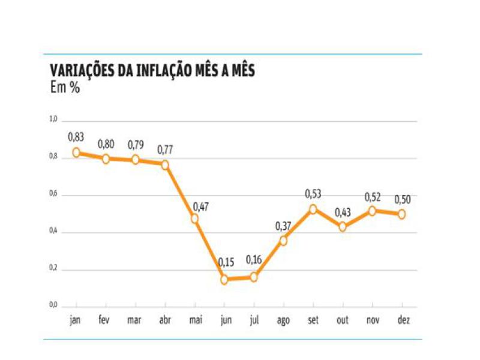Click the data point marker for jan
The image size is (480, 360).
pyautogui.click(x=76, y=152)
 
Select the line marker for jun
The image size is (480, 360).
pyautogui.click(x=224, y=280)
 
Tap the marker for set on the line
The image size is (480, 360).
pyautogui.click(x=313, y=209)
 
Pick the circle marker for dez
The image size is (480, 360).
pyautogui.click(x=401, y=214)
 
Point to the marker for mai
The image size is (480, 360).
pyautogui.click(x=194, y=218)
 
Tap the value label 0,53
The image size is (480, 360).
pyautogui.click(x=313, y=193)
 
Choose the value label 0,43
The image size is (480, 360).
pyautogui.click(x=343, y=212)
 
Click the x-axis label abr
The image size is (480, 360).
pyautogui.click(x=164, y=320)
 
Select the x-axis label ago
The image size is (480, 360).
pyautogui.click(x=283, y=321)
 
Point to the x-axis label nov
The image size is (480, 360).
pyautogui.click(x=372, y=320)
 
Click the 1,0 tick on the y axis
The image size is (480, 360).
pyautogui.click(x=53, y=120)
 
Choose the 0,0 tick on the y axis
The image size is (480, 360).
pyautogui.click(x=53, y=306)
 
